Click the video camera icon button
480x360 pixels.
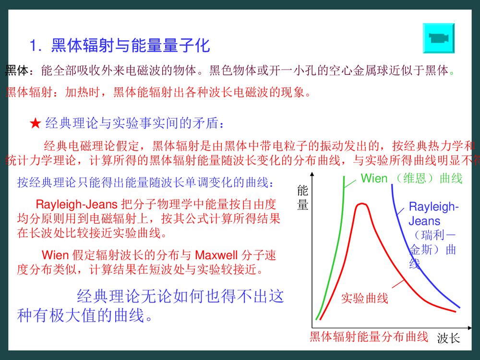point(438,37)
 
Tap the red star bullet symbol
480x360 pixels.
point(35,124)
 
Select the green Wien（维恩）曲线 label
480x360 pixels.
point(411,179)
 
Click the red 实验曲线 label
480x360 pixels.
point(364,299)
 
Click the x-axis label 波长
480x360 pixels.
point(448,339)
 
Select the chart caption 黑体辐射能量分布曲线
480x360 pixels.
point(369,337)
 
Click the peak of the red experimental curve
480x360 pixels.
point(361,204)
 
